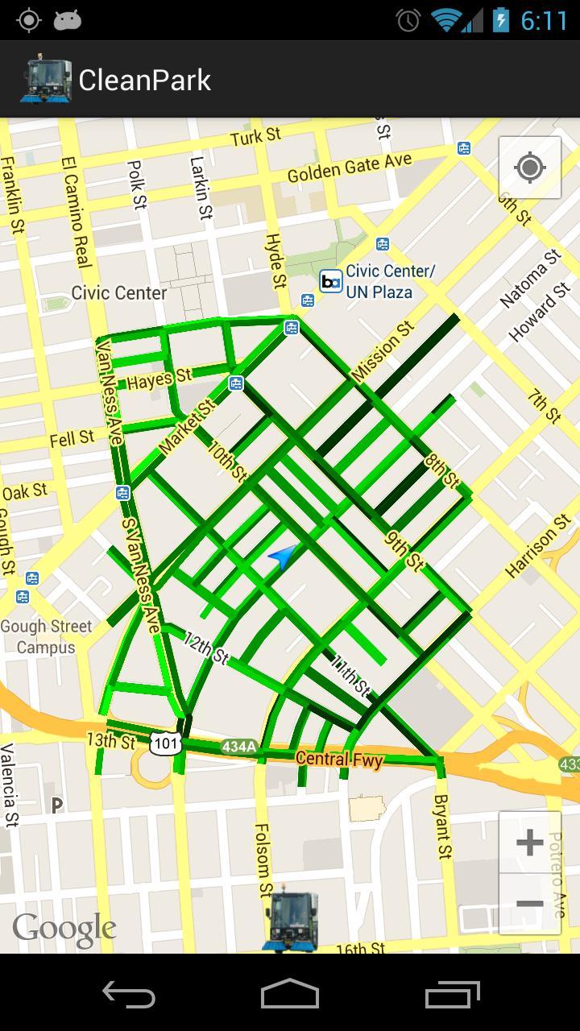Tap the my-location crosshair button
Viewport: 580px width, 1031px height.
click(x=529, y=168)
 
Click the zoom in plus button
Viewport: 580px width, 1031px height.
click(x=529, y=843)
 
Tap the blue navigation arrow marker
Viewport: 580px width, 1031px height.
click(x=282, y=557)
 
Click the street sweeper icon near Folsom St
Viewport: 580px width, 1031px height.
click(x=290, y=921)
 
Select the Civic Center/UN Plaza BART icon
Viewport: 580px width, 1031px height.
click(x=331, y=281)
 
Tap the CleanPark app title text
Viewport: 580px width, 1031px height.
click(x=145, y=81)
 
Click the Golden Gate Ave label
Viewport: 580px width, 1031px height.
click(x=350, y=168)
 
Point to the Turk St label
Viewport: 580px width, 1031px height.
click(x=255, y=138)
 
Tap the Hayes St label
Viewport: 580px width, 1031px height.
click(x=159, y=379)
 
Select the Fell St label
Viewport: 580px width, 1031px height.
click(x=72, y=439)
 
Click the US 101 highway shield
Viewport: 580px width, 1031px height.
click(x=165, y=743)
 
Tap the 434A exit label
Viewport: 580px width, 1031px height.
click(x=238, y=747)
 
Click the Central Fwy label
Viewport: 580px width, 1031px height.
click(x=339, y=759)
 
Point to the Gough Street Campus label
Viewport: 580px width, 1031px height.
click(x=46, y=636)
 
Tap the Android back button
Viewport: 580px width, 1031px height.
click(x=129, y=994)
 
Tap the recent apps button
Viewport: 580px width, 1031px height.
click(x=452, y=994)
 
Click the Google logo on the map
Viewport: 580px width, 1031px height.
click(x=64, y=930)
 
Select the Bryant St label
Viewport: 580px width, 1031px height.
click(x=443, y=826)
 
